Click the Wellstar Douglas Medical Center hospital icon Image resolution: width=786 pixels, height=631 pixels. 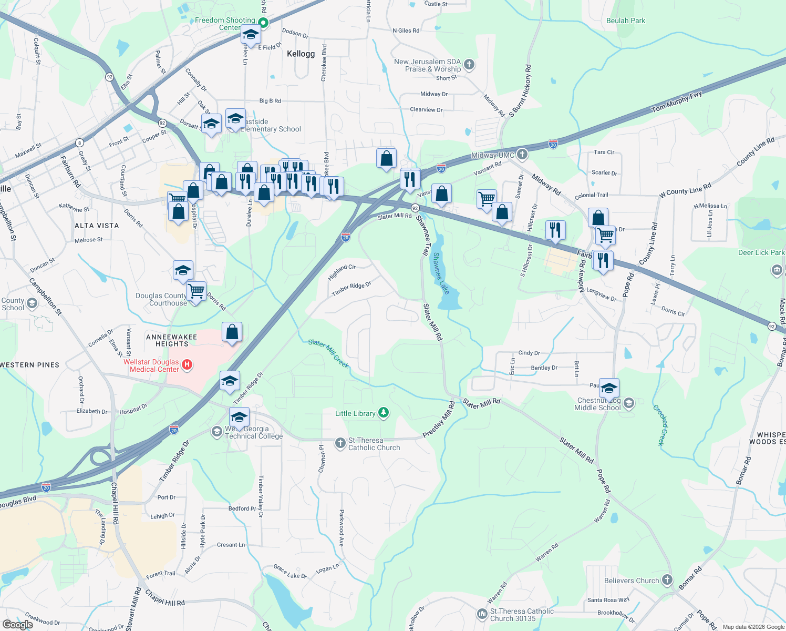click(187, 364)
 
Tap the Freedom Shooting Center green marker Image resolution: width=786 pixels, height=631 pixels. click(264, 23)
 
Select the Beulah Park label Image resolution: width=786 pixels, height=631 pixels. click(625, 21)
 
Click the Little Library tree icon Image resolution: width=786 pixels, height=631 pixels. click(384, 413)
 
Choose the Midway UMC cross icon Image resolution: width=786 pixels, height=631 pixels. click(522, 155)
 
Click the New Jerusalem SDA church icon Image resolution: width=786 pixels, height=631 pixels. click(469, 65)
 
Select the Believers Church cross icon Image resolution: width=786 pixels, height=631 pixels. click(667, 580)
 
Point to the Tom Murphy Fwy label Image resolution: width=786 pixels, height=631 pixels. click(677, 101)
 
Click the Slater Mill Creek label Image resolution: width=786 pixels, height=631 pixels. click(328, 353)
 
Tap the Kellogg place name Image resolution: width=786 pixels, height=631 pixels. click(301, 54)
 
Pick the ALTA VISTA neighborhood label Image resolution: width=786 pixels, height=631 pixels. click(97, 226)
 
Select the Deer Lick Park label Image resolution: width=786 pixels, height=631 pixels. click(761, 253)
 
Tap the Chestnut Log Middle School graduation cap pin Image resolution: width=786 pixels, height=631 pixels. click(609, 389)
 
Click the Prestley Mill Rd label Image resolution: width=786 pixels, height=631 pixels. click(439, 419)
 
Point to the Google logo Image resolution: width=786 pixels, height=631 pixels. click(18, 624)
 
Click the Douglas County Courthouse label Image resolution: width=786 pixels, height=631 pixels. click(161, 299)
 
